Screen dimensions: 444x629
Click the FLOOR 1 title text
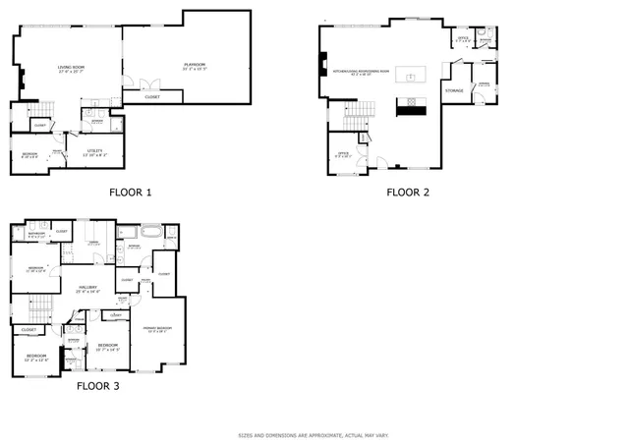click(x=130, y=193)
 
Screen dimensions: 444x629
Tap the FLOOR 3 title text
click(x=97, y=386)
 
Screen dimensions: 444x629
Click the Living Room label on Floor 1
click(x=72, y=69)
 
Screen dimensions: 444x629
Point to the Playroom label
click(x=195, y=67)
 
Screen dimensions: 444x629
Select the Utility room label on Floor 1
click(x=94, y=150)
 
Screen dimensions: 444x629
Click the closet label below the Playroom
click(x=152, y=97)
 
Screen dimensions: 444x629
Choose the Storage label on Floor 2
click(x=454, y=90)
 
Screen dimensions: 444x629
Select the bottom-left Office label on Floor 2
click(x=344, y=154)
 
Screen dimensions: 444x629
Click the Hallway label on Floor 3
click(x=88, y=290)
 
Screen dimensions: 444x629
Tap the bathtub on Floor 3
click(x=151, y=233)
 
